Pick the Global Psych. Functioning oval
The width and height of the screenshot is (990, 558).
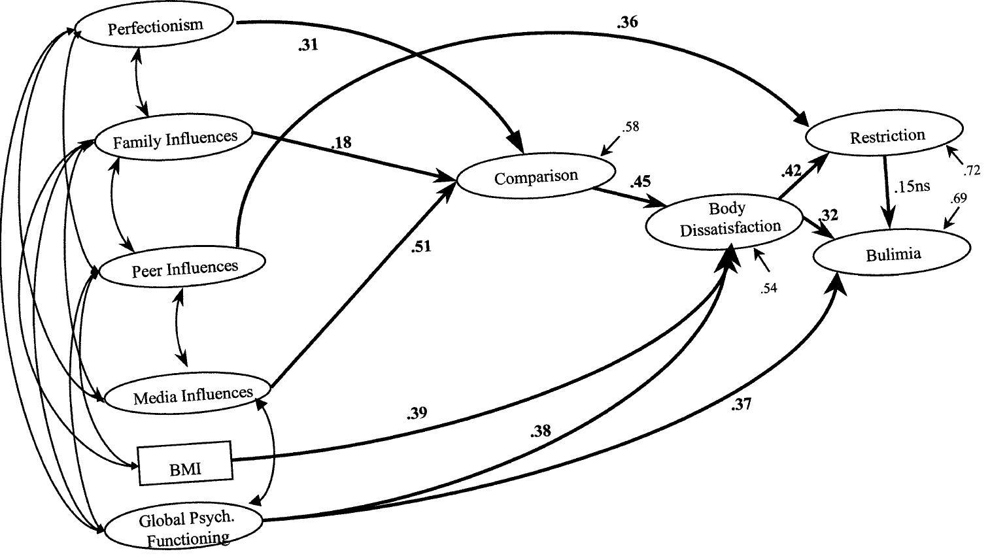click(x=185, y=529)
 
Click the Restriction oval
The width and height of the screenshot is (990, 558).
click(x=887, y=136)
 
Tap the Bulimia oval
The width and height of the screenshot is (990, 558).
click(x=893, y=254)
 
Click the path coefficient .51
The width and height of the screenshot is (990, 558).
click(x=421, y=247)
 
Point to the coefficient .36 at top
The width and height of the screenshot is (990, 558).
click(x=626, y=22)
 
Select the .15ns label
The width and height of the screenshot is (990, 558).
click(x=911, y=186)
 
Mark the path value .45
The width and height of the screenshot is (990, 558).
click(x=640, y=181)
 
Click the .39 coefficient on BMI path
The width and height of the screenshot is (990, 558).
click(x=417, y=413)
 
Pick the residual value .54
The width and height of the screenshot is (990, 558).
click(x=768, y=287)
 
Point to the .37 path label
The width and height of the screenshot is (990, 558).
click(x=741, y=404)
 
